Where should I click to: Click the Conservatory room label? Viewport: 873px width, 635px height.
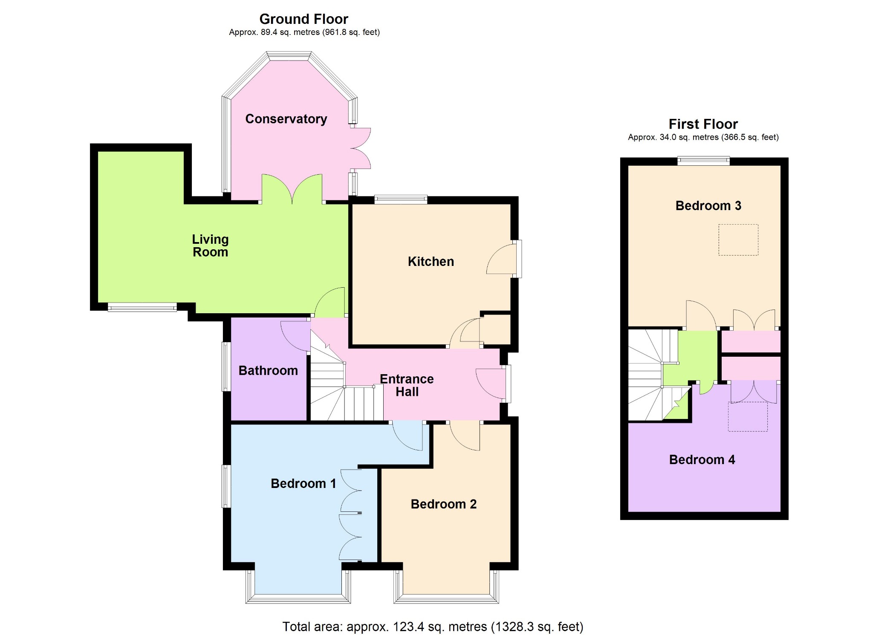[286, 119]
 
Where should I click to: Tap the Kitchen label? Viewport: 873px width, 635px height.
[431, 261]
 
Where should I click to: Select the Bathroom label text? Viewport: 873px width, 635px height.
[268, 370]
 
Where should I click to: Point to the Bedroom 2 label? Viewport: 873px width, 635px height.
[444, 504]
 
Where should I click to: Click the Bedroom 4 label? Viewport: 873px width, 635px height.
[702, 459]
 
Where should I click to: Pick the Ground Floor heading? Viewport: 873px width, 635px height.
[304, 19]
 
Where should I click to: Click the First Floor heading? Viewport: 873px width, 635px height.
[703, 124]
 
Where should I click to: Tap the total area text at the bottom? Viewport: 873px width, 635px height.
[433, 626]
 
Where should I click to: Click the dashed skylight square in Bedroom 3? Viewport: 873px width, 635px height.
[738, 240]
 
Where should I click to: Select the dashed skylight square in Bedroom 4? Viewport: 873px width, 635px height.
[748, 417]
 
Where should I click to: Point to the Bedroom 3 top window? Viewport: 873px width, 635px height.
[704, 161]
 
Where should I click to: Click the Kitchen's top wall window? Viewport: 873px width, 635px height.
[401, 199]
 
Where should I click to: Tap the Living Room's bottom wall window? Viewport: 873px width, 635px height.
[142, 307]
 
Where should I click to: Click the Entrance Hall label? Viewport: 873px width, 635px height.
[407, 385]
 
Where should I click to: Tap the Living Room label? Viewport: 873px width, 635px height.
[210, 245]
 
